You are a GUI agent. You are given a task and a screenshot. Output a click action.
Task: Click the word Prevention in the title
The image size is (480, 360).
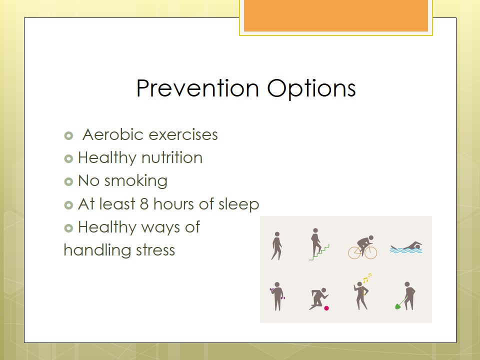[198, 88]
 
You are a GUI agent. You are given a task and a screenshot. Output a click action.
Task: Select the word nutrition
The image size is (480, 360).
[171, 157]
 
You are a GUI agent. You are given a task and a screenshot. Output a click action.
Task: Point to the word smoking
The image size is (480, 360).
[136, 181]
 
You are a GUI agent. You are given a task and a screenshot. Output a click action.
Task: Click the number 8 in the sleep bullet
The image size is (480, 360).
[144, 204]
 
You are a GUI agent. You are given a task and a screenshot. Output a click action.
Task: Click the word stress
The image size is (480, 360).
[155, 250]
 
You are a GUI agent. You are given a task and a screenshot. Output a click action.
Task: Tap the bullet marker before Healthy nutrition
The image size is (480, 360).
[68, 158]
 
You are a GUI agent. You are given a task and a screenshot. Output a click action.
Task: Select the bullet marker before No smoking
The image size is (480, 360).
[68, 181]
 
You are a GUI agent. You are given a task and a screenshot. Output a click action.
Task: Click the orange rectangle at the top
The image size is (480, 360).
[336, 15]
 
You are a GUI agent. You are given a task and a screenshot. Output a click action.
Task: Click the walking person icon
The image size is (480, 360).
[276, 246]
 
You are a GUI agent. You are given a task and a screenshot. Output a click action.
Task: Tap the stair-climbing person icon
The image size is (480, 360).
[318, 244]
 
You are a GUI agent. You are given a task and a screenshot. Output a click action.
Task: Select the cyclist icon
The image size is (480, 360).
[363, 247]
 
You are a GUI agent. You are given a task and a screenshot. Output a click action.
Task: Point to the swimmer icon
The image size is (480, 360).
[406, 248]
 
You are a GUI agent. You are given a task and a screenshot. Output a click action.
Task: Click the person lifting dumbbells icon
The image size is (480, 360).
[277, 296]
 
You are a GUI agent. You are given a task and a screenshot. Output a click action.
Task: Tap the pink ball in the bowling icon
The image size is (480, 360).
[326, 308]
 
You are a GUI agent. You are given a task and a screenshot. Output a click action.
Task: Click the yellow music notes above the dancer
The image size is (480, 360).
[366, 278]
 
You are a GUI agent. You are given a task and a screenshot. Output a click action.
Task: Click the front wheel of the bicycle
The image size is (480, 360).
[370, 252]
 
